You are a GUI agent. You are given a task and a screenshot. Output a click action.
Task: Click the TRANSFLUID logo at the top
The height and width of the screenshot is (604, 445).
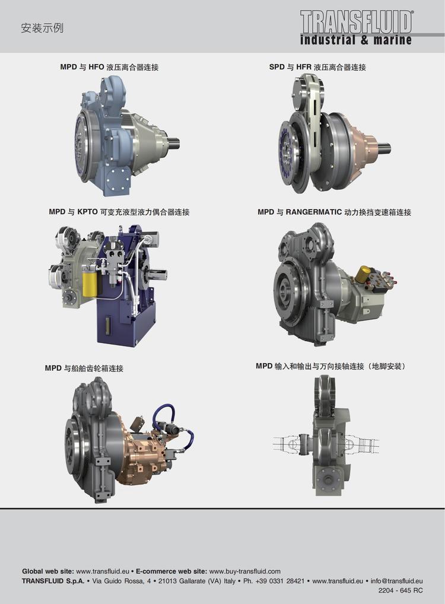(x=357, y=22)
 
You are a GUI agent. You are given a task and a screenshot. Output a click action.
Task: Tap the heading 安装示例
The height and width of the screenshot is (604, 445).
(x=42, y=28)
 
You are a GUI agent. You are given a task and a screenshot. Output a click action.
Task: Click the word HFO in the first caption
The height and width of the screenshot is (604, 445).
(x=96, y=67)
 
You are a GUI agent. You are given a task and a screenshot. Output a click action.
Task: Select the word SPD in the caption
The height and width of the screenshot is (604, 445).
(x=276, y=67)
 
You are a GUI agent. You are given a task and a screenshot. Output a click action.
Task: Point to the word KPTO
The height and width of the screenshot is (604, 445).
(x=87, y=212)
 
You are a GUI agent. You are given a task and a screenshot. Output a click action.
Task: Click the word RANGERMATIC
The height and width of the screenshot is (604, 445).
(x=314, y=212)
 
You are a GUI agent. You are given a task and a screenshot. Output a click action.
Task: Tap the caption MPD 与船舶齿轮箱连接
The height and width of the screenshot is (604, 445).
(x=84, y=368)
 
